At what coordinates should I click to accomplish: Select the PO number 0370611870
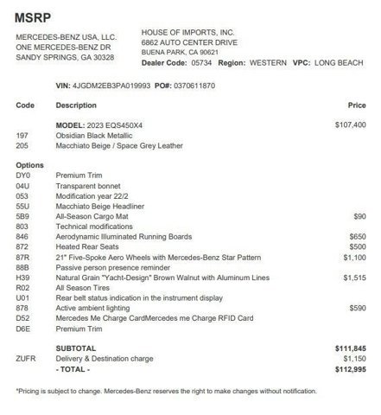[x=194, y=86]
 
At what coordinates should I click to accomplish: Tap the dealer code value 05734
[x=200, y=63]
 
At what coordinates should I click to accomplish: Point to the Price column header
[x=357, y=105]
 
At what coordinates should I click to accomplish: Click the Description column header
[x=76, y=105]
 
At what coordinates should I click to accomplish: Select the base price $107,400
[x=351, y=125]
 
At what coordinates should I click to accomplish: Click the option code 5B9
[x=23, y=216]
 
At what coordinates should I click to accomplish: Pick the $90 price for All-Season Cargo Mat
[x=359, y=216]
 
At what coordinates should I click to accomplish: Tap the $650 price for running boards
[x=357, y=236]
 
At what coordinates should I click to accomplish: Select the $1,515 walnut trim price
[x=354, y=278]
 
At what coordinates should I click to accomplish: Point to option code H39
[x=23, y=278]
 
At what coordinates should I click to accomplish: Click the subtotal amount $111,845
[x=351, y=348]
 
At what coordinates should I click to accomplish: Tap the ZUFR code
[x=26, y=358]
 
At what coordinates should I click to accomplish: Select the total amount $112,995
[x=351, y=368]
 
